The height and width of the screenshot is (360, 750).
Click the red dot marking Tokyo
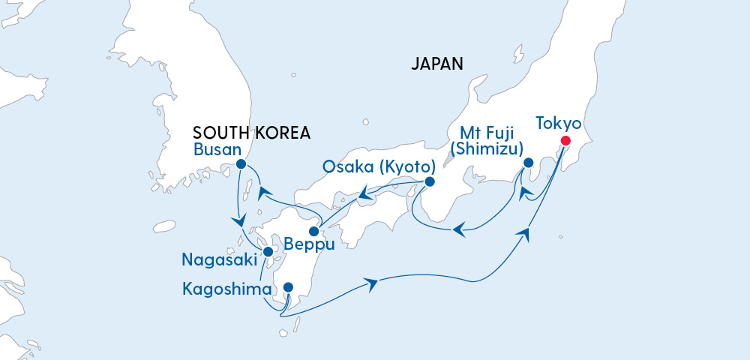coord(565,140)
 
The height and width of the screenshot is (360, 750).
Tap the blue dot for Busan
coord(241,163)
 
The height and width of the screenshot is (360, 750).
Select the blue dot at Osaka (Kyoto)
coord(430,181)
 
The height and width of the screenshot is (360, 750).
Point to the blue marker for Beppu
coord(314,231)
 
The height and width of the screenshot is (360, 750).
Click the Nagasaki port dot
coord(268,252)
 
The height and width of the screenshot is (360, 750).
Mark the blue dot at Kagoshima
coord(288,286)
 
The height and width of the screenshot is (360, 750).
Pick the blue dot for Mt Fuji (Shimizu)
coord(528,163)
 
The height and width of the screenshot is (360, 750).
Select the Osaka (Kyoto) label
coord(379,166)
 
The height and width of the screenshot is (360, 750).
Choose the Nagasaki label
coord(217,261)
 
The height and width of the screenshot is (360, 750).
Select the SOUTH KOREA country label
coord(251,132)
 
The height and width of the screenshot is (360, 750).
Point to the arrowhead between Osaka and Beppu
coord(365,196)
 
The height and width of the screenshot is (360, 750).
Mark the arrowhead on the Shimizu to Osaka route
coord(459,230)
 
